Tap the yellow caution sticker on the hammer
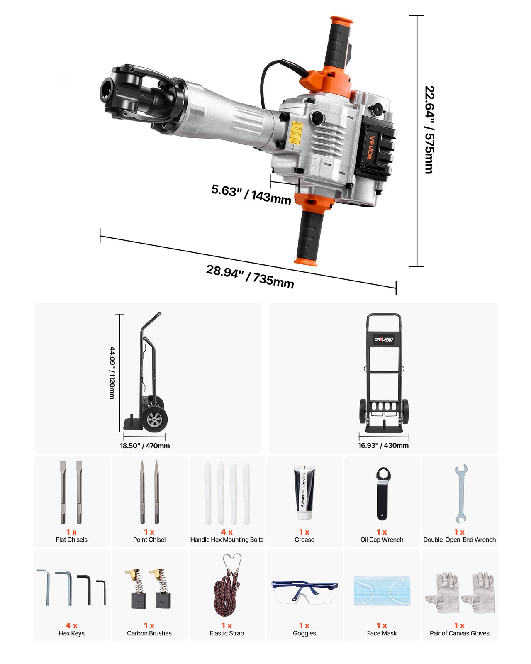click(x=295, y=133)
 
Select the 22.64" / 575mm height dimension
click(x=429, y=129)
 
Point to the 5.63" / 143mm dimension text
click(x=251, y=194)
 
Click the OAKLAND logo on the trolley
click(x=384, y=339)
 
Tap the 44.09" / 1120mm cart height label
click(x=112, y=373)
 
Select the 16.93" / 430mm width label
click(x=383, y=445)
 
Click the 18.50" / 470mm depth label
click(x=145, y=446)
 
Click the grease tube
click(x=304, y=493)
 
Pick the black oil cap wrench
click(x=382, y=494)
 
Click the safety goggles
click(x=304, y=591)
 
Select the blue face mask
click(x=382, y=591)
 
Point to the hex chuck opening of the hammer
click(x=107, y=90)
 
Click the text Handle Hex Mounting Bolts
click(x=227, y=539)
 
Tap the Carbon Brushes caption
click(x=149, y=633)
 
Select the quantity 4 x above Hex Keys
click(x=71, y=625)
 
